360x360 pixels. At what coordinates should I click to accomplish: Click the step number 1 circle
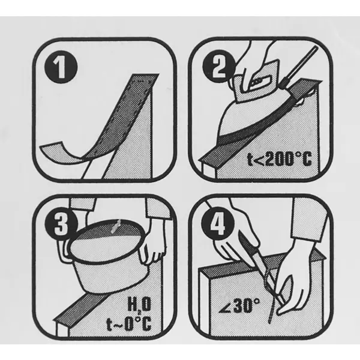(x=61, y=67)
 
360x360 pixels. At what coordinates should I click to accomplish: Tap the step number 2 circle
(x=219, y=67)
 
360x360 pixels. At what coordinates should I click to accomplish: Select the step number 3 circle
(x=61, y=225)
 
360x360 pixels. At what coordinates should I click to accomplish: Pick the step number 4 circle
(x=218, y=224)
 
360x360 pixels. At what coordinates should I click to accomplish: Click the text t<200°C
(x=280, y=159)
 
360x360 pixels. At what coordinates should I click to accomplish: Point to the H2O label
(x=139, y=304)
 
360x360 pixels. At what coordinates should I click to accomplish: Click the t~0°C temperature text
(x=128, y=323)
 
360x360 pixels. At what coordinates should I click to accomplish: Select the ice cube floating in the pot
(x=116, y=227)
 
